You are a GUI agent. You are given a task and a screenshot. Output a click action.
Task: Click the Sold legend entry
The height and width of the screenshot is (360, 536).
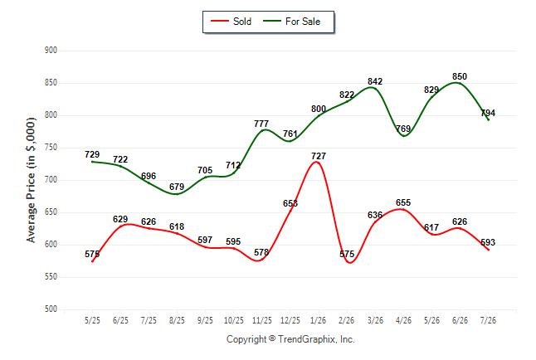[x=231, y=22]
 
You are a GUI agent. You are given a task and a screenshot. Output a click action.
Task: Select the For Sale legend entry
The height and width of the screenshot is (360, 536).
[x=291, y=22]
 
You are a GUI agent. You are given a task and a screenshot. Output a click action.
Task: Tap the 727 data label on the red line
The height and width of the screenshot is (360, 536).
[x=319, y=156]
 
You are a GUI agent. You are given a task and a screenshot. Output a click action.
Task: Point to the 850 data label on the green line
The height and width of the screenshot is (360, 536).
[x=460, y=76]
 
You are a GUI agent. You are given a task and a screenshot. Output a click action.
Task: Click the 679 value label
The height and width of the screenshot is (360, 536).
[x=177, y=187]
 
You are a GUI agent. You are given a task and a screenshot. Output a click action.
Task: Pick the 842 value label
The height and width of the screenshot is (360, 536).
[x=375, y=82]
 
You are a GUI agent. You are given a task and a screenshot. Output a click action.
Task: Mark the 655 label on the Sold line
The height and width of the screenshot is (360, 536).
[x=403, y=202]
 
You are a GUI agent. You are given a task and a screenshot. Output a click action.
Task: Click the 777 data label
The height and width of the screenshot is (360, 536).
[x=261, y=124]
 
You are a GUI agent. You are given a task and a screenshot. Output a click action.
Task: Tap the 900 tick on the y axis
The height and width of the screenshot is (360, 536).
[x=51, y=51]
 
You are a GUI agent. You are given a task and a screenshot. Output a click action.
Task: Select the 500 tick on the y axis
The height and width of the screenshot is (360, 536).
[x=51, y=309]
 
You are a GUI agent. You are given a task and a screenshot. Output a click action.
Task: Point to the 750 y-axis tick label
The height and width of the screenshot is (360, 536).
[x=51, y=148]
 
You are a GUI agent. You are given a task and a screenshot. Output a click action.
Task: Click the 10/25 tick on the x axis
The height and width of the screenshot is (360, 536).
[x=233, y=320]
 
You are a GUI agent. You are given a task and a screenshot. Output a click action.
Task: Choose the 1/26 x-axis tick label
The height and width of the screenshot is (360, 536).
[x=319, y=320]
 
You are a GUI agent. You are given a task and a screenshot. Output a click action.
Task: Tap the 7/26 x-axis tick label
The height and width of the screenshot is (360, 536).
[x=488, y=320]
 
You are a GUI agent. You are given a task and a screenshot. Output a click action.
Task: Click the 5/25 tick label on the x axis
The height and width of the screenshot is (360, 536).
[x=92, y=320]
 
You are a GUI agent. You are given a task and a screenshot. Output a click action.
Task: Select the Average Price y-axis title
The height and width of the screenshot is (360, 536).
[x=31, y=180]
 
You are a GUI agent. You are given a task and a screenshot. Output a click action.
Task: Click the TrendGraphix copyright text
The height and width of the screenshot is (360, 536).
[x=290, y=339]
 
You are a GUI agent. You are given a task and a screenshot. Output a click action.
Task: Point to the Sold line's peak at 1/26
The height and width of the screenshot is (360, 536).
[x=317, y=162]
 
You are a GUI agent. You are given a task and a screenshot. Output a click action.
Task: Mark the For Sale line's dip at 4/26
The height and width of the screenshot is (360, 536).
[x=404, y=136]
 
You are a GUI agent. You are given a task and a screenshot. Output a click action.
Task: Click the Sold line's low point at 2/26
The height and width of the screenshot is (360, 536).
[x=349, y=263]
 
